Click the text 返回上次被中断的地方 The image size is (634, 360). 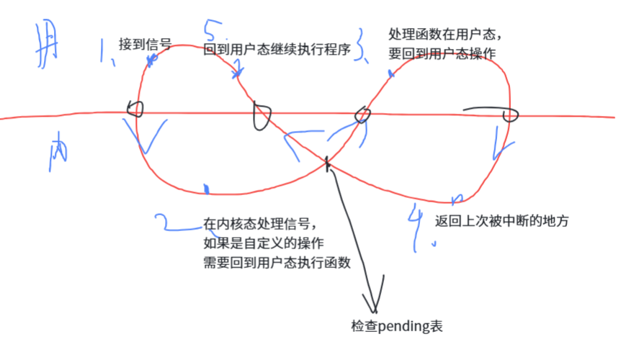tap(502, 222)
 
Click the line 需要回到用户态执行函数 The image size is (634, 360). tap(277, 263)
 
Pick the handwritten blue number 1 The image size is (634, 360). tap(107, 53)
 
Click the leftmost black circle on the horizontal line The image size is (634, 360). tap(135, 109)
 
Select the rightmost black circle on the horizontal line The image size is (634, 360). tap(511, 114)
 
